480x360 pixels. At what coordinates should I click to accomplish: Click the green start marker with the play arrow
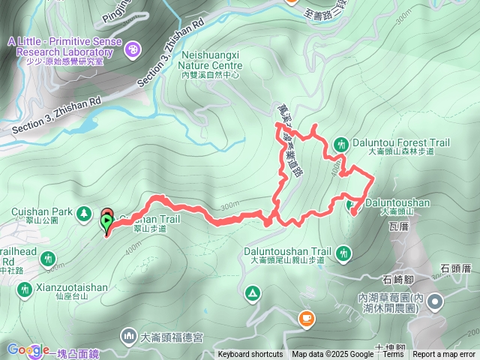(107, 222)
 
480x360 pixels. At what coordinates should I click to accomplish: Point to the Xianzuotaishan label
(71, 287)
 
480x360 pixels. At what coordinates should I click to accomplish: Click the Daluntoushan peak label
(397, 202)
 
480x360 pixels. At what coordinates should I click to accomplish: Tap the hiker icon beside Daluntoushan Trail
(344, 254)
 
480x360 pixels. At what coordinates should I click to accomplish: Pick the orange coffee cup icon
(306, 319)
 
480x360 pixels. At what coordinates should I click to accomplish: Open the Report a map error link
(445, 355)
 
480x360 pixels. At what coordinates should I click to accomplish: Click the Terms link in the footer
(393, 355)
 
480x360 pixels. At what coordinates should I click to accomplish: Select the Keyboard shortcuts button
(250, 355)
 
